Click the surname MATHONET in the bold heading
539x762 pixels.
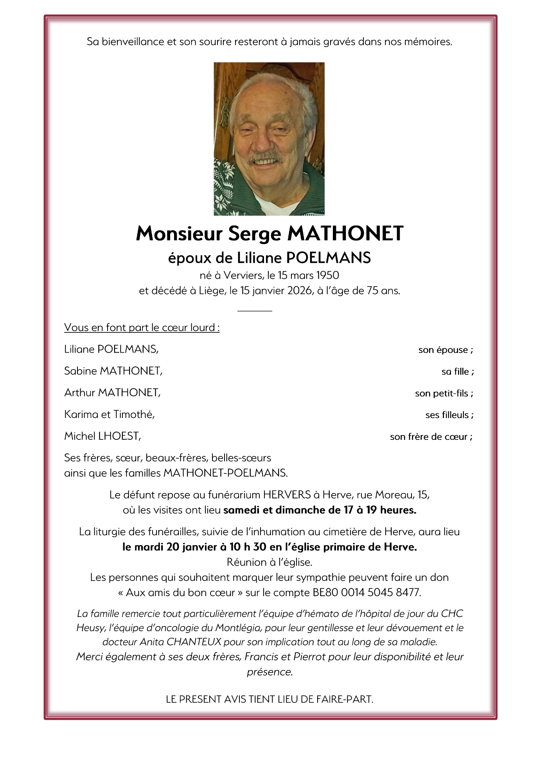pos(345,233)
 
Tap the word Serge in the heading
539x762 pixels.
pos(255,234)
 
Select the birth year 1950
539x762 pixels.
pos(327,275)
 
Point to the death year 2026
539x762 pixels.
pos(300,290)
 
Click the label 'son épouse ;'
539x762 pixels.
pos(446,350)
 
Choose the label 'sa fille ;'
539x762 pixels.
pos(458,371)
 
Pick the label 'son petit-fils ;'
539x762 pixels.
pos(444,393)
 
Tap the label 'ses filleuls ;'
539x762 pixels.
pos(449,415)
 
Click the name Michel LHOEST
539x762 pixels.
pos(102,436)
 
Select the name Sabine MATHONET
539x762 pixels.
pos(113,371)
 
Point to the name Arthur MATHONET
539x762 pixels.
pos(112,393)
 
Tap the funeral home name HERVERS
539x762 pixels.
pos(287,495)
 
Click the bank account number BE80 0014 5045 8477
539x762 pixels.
pos(367,592)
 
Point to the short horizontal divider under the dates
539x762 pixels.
pos(255,311)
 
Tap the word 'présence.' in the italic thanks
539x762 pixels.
pos(269,672)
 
